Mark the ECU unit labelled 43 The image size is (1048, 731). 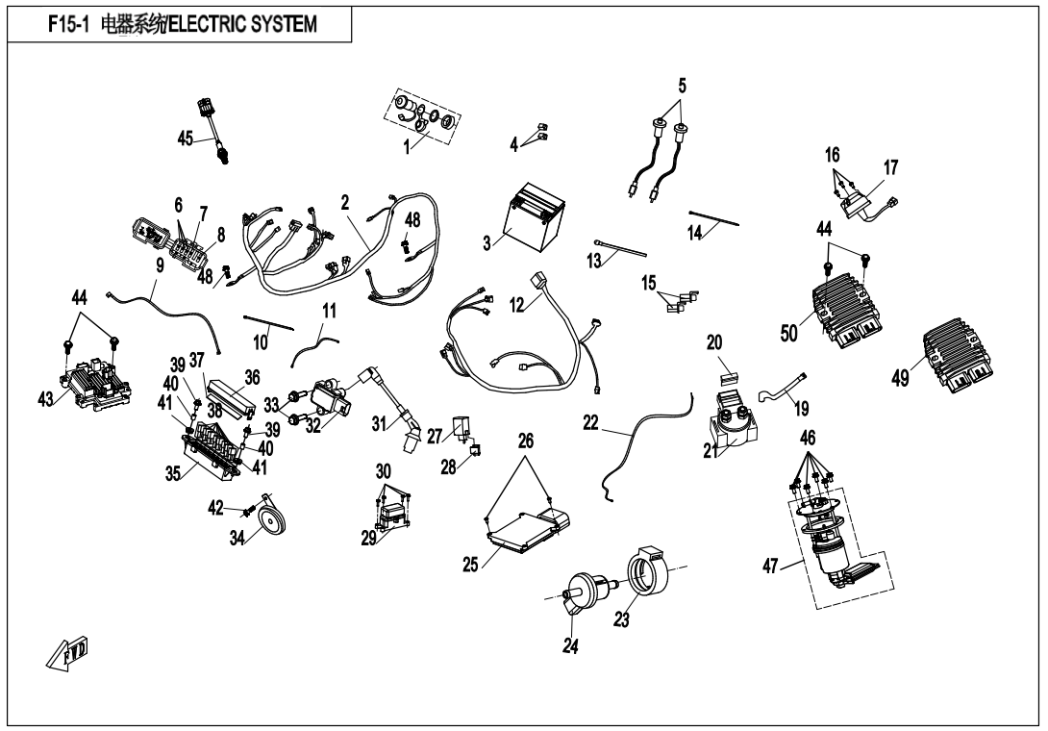pos(95,378)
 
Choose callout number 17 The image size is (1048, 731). pos(890,167)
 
